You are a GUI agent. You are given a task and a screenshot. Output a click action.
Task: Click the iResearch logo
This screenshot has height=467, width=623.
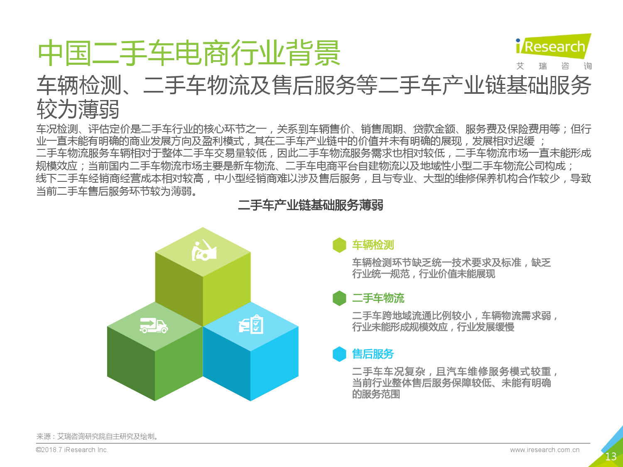(554, 46)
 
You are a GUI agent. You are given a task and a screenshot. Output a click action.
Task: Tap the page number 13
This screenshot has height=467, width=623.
(611, 457)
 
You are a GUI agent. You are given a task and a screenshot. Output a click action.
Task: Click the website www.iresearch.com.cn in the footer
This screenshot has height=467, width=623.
(545, 450)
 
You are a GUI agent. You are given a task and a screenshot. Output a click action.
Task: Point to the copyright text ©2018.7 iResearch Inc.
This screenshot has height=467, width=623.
(72, 450)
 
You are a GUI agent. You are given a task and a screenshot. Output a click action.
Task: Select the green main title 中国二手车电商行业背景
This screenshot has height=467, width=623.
(189, 53)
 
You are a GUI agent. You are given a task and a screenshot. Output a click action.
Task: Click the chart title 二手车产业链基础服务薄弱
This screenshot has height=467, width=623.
(311, 205)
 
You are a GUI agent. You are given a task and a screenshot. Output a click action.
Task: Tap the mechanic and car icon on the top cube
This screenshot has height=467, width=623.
(204, 250)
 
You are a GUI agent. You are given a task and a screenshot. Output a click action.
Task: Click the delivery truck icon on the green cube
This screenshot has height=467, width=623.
(154, 325)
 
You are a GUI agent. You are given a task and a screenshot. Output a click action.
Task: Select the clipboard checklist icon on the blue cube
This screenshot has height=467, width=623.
(251, 324)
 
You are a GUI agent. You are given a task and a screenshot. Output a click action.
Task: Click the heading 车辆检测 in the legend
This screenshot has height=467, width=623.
(373, 245)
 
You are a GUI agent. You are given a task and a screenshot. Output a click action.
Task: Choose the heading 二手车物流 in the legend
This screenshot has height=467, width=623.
(378, 298)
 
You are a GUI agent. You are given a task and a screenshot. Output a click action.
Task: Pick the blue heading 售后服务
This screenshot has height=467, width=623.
(373, 354)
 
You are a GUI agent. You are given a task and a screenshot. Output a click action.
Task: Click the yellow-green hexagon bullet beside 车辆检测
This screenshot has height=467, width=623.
(339, 245)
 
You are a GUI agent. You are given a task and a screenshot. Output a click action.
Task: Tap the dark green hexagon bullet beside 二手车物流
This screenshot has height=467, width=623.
(339, 298)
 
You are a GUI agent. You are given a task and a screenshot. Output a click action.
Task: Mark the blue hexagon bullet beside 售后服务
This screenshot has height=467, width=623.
(339, 354)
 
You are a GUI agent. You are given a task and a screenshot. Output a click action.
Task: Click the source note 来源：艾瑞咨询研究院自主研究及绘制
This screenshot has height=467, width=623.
(97, 436)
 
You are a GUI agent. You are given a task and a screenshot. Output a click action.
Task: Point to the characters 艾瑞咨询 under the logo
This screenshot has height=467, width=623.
(554, 66)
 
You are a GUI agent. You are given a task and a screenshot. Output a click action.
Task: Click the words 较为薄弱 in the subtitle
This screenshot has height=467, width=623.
(78, 109)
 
